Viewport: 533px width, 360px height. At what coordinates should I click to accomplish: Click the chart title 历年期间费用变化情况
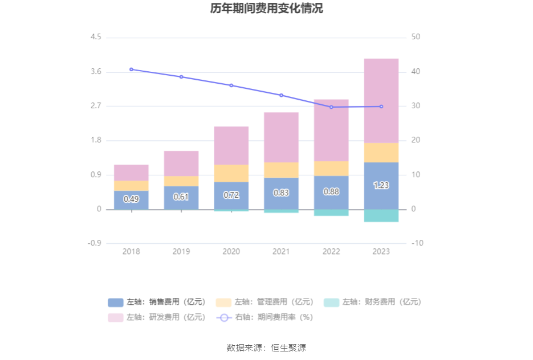(x=266, y=9)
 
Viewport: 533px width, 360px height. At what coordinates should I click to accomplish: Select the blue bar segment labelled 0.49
(x=131, y=200)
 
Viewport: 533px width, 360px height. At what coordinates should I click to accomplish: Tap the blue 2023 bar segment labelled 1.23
(x=381, y=186)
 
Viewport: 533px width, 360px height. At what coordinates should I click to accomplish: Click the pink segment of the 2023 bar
(x=381, y=100)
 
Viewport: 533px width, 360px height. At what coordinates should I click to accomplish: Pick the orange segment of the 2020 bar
(x=231, y=173)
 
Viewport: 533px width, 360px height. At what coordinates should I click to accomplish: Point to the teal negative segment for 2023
(x=381, y=215)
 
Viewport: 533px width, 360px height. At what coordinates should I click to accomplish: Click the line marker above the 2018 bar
(x=131, y=69)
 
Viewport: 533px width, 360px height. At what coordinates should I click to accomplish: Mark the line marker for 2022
(x=331, y=107)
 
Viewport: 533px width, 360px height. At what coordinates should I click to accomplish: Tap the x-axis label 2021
(x=281, y=251)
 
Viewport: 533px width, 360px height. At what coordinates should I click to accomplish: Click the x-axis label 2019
(x=181, y=251)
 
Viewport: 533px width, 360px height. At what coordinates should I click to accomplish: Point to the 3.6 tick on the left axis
(x=95, y=72)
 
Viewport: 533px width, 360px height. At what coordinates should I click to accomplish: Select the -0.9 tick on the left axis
(x=94, y=243)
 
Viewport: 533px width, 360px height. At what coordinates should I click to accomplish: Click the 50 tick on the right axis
(x=416, y=37)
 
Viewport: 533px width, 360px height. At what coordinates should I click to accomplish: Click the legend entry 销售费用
(x=156, y=302)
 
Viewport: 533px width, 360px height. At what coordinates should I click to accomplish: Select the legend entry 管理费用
(x=265, y=302)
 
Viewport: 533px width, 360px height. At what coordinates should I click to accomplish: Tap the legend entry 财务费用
(x=373, y=302)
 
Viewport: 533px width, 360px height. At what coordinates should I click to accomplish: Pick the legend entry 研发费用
(x=156, y=317)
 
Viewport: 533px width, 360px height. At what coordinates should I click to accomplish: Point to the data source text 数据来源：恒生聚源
(x=266, y=347)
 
